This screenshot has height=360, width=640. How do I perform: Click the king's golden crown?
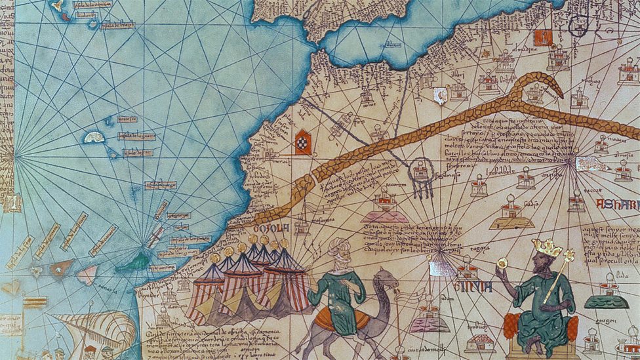(x=546, y=247)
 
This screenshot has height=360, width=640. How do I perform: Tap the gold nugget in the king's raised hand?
(x=502, y=262)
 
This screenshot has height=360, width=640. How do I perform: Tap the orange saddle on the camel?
(x=342, y=319)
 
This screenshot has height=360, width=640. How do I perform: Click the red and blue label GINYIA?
(x=466, y=287)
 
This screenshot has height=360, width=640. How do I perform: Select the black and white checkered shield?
(x=303, y=142)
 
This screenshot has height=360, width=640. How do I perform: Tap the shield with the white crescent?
(x=441, y=96)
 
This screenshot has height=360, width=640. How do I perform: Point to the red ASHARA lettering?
(x=616, y=205)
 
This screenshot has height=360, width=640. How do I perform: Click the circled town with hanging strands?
(x=421, y=173)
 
